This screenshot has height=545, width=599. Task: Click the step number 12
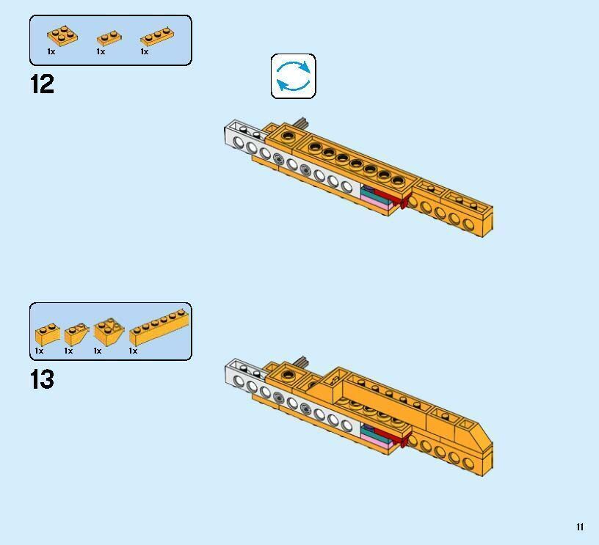pyautogui.click(x=42, y=84)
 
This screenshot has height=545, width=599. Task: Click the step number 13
pyautogui.click(x=42, y=379)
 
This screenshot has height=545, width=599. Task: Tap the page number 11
pyautogui.click(x=580, y=527)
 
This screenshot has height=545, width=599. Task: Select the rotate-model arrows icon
pyautogui.click(x=294, y=76)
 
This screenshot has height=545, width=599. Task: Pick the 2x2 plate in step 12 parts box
pyautogui.click(x=62, y=35)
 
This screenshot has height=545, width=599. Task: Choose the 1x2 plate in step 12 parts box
pyautogui.click(x=109, y=38)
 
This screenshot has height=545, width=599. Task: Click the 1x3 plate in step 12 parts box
pyautogui.click(x=157, y=36)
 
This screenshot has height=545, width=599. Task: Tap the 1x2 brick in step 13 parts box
pyautogui.click(x=48, y=334)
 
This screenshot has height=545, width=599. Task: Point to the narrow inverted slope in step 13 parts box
pyautogui.click(x=76, y=334)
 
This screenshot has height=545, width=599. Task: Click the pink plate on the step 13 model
pyautogui.click(x=377, y=440)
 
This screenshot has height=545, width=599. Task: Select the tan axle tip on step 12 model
pyautogui.click(x=301, y=122)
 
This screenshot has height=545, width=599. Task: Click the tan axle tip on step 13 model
pyautogui.click(x=301, y=361)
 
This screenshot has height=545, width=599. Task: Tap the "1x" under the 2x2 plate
pyautogui.click(x=51, y=51)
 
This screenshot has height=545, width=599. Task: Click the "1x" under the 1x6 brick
pyautogui.click(x=133, y=351)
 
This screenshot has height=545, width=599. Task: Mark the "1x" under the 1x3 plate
pyautogui.click(x=145, y=51)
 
